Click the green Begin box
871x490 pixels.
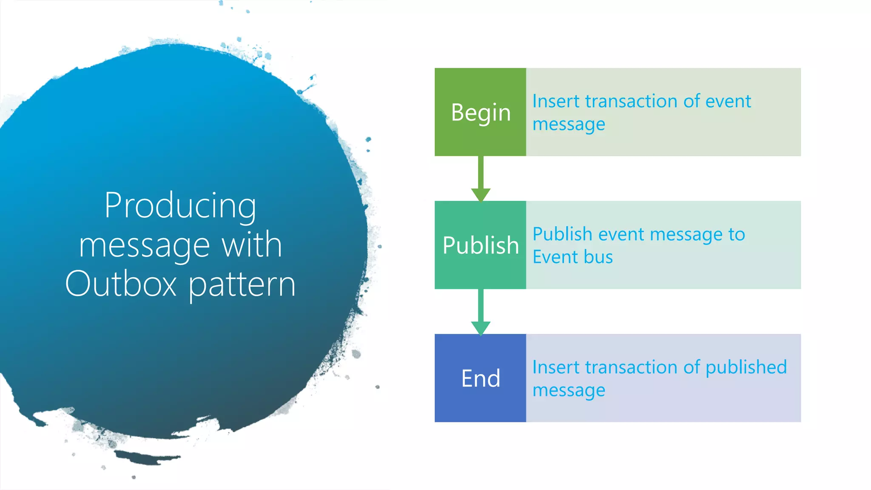(480, 112)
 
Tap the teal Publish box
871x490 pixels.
(480, 245)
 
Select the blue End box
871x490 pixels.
(480, 378)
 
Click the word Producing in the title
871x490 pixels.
(180, 206)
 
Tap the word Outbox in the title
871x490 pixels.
(121, 284)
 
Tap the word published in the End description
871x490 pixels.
(746, 367)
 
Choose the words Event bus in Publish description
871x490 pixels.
(572, 257)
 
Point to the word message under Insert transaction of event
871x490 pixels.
(569, 125)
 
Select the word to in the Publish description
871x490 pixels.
(737, 234)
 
